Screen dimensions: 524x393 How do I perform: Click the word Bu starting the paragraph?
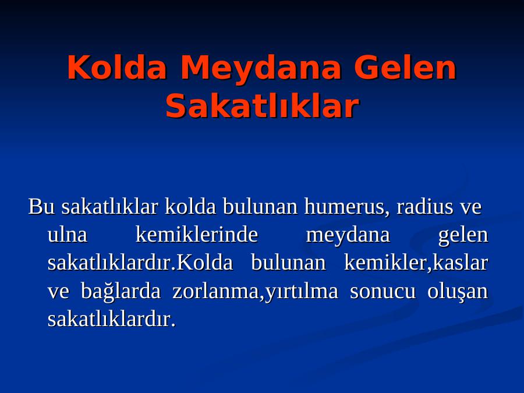point(41,207)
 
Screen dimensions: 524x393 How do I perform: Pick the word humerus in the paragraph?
point(347,207)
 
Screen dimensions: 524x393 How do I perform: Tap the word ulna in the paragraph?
point(68,235)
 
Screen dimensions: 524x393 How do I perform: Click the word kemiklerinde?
point(197,235)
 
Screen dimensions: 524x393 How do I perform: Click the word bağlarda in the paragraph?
point(121,292)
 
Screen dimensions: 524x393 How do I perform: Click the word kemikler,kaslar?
point(416,263)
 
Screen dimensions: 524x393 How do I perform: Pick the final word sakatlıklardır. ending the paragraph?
point(112,320)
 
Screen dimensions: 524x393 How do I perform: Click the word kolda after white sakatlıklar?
point(190,207)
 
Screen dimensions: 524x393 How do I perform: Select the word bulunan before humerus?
point(260,207)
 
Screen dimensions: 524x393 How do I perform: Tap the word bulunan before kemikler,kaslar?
point(288,263)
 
